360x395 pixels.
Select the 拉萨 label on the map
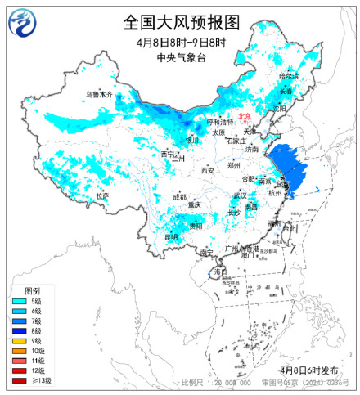[x=101, y=196]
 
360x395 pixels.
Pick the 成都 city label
[x=180, y=197]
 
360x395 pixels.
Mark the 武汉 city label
[x=239, y=195]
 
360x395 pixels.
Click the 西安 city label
[x=207, y=171]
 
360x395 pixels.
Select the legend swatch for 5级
[x=16, y=302]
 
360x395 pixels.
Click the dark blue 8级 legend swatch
[x=16, y=331]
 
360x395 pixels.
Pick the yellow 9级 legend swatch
[x=16, y=341]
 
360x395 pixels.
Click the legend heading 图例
[x=31, y=291]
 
